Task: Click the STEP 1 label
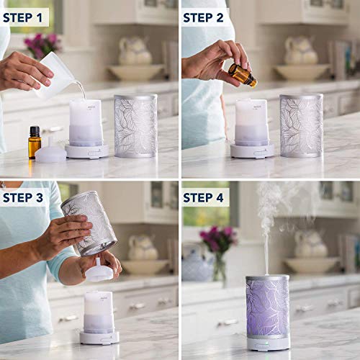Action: pyautogui.click(x=25, y=16)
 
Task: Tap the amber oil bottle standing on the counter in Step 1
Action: pyautogui.click(x=34, y=142)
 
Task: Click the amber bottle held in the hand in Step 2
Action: pyautogui.click(x=243, y=75)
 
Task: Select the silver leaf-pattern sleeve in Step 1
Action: pyautogui.click(x=135, y=125)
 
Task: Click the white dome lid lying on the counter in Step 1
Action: pyautogui.click(x=50, y=154)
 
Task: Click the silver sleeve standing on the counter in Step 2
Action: pyautogui.click(x=301, y=125)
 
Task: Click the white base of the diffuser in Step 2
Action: pyautogui.click(x=252, y=151)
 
